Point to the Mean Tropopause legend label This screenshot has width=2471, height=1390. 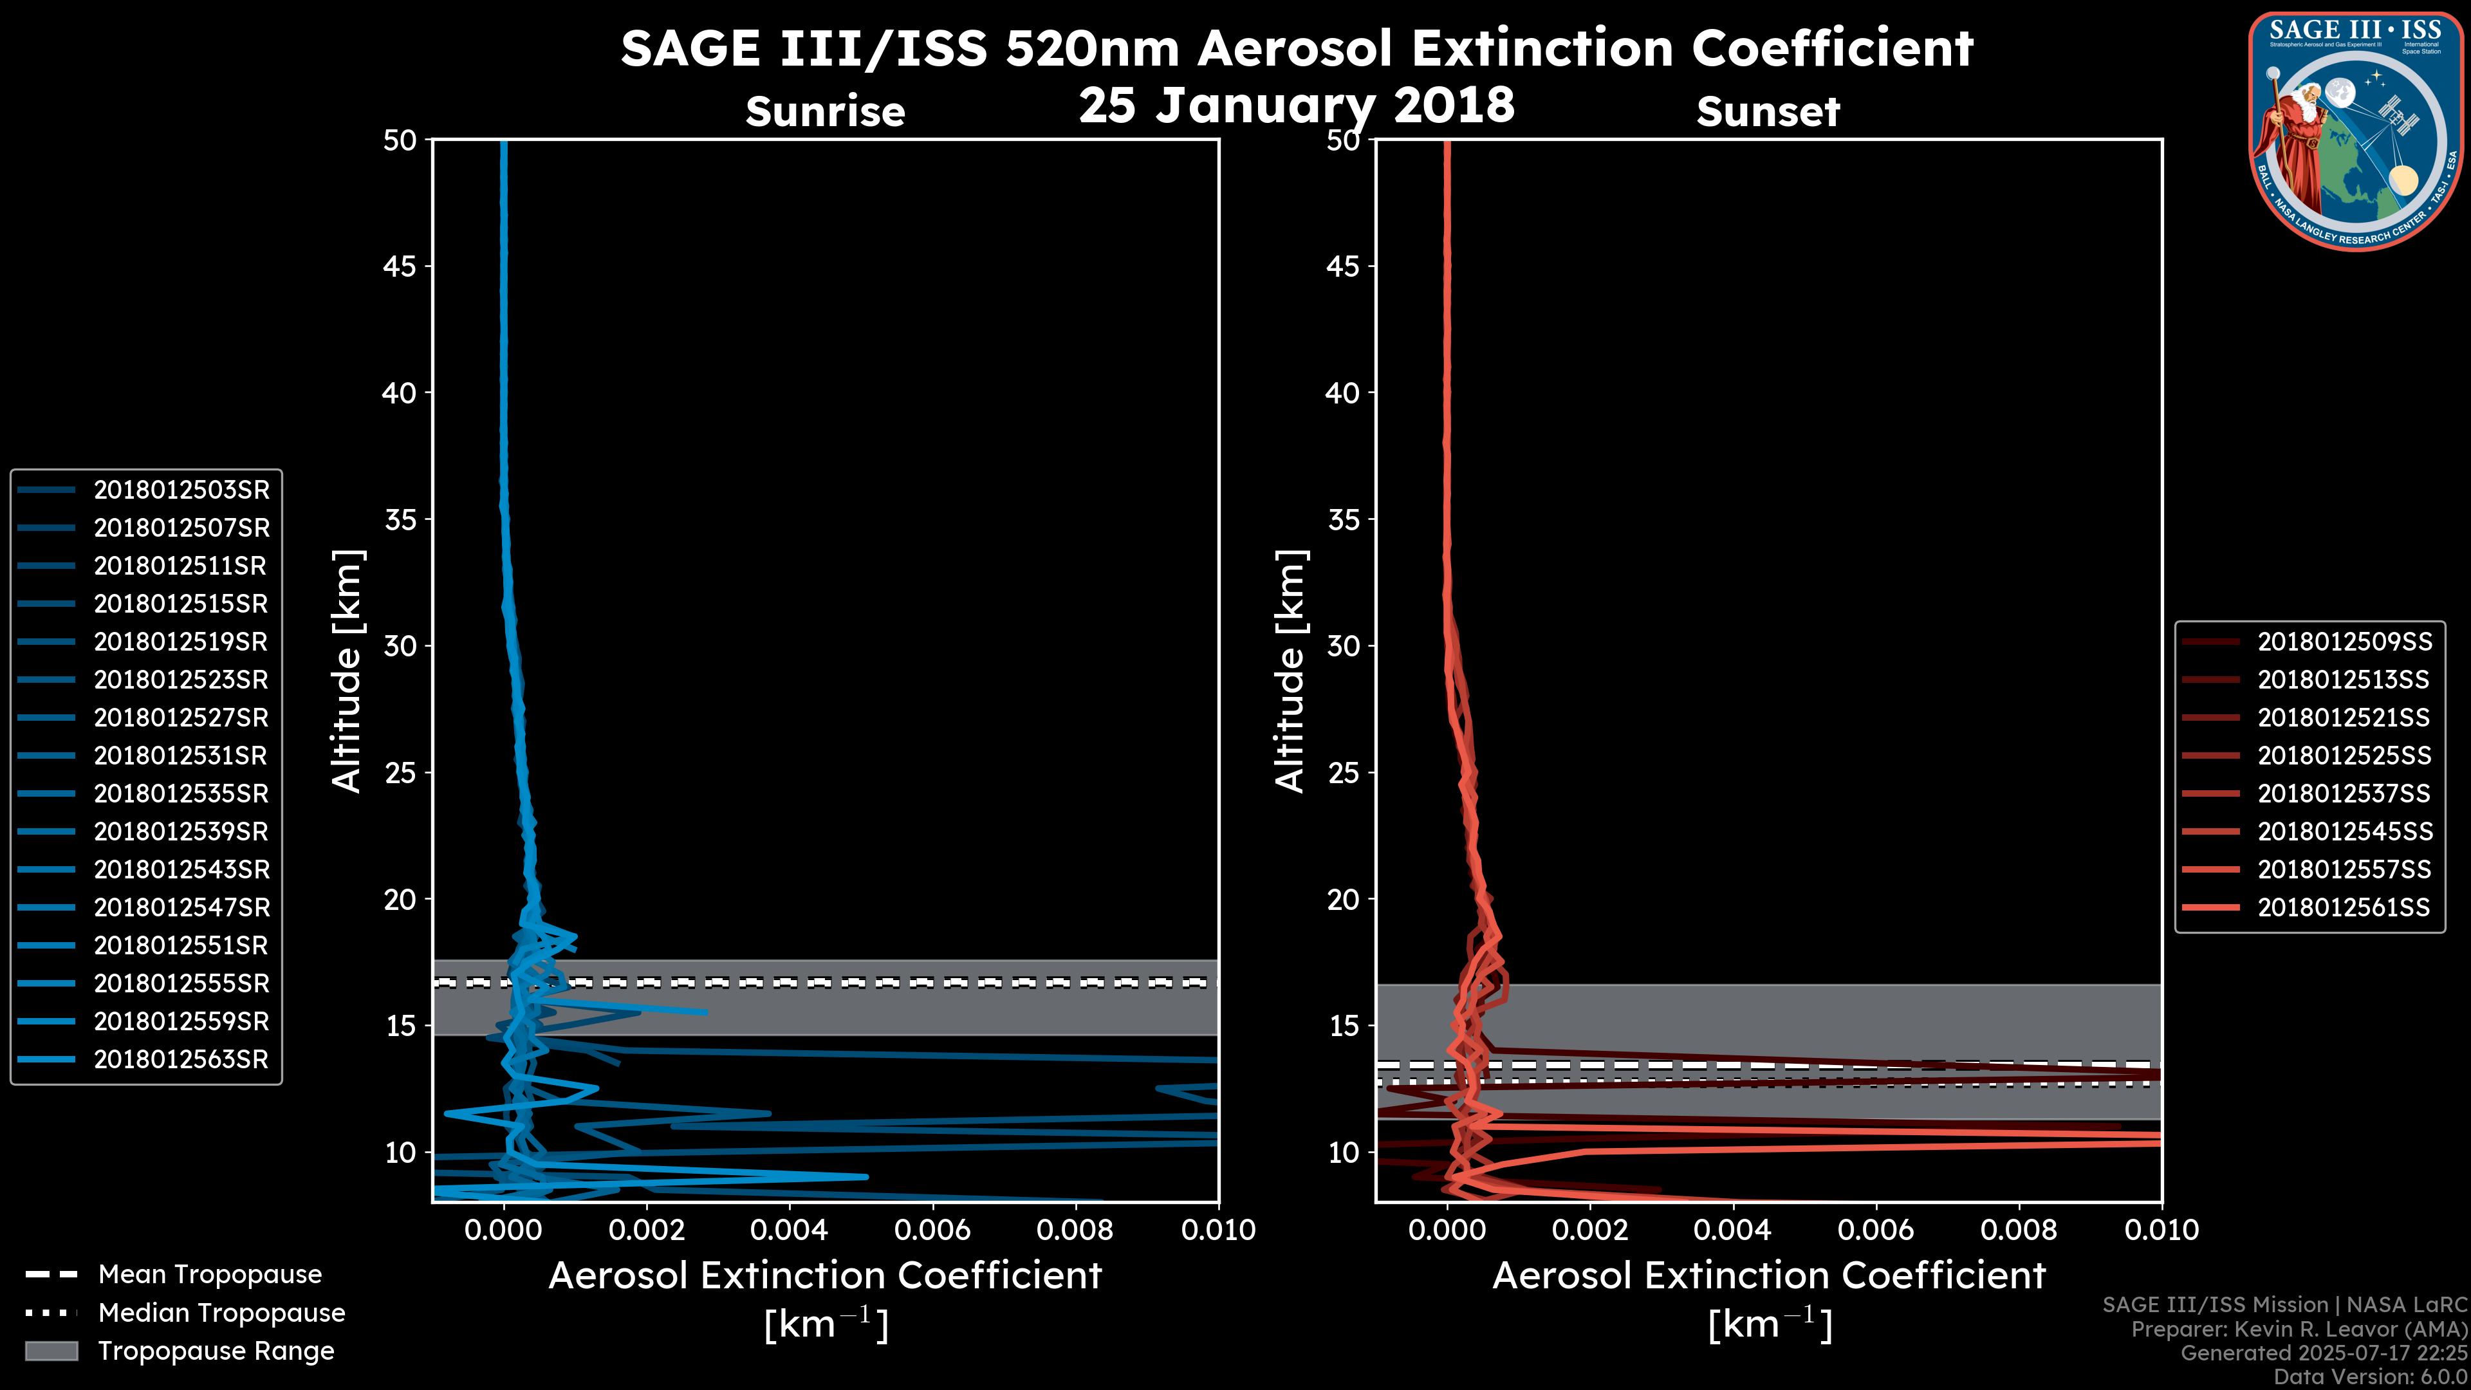pyautogui.click(x=210, y=1275)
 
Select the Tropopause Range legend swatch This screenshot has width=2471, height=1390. pyautogui.click(x=51, y=1351)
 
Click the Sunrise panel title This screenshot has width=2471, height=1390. pyautogui.click(x=825, y=112)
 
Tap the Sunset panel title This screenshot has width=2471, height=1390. pyautogui.click(x=1768, y=112)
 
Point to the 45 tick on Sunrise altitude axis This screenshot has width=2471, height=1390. pyautogui.click(x=400, y=266)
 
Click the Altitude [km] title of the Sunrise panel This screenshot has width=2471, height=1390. pyautogui.click(x=347, y=671)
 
